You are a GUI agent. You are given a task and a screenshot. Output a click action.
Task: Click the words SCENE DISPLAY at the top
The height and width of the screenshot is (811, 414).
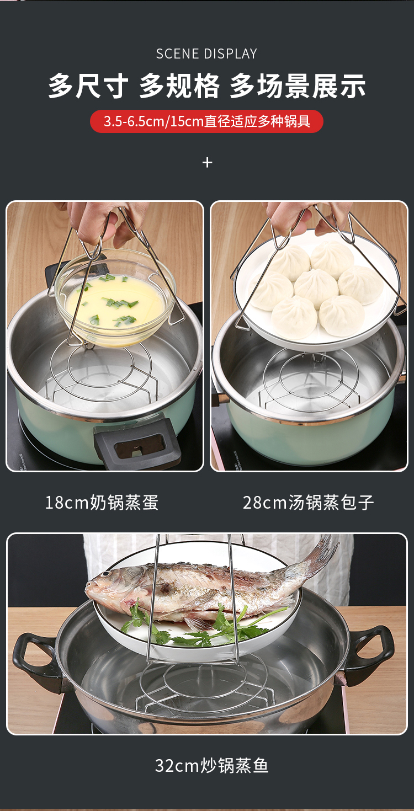click(206, 54)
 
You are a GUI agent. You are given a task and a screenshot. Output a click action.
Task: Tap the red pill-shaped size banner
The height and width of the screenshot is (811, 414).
click(206, 121)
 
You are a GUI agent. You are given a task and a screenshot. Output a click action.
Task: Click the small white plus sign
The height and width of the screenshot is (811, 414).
click(207, 162)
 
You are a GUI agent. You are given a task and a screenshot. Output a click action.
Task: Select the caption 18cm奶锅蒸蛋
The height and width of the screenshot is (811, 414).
click(102, 503)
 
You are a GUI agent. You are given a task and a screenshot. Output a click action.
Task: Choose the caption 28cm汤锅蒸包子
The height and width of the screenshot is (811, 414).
click(308, 503)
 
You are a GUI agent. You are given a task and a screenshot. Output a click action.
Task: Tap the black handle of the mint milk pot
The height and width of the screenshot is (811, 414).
click(138, 441)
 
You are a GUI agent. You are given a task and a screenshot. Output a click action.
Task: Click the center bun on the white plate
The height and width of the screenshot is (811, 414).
click(316, 285)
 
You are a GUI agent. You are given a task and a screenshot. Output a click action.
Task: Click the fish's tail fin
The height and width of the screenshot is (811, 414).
click(320, 554)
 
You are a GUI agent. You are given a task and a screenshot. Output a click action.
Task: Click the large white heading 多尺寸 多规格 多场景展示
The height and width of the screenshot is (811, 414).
click(206, 87)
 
